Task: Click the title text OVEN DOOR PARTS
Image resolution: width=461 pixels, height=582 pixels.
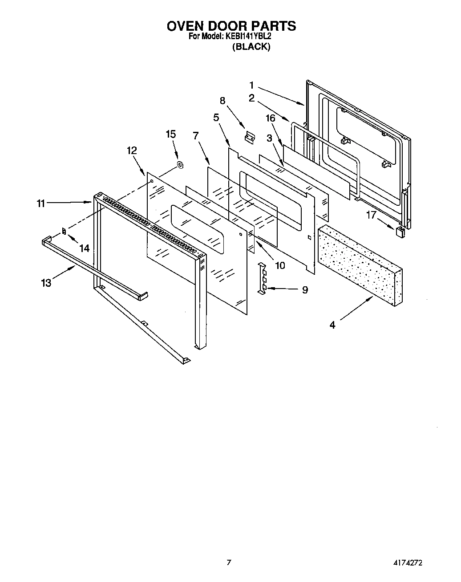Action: point(231,26)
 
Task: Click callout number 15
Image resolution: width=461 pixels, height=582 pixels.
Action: point(170,134)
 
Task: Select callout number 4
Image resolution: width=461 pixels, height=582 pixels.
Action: point(332,325)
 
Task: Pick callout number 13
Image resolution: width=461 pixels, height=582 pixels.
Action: point(46,282)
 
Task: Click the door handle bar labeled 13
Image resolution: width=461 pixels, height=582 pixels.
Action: point(93,268)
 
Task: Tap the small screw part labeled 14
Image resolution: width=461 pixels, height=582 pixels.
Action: point(64,231)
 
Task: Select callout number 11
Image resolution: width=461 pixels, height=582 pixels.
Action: point(40,203)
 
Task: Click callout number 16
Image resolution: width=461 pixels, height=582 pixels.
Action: point(271,118)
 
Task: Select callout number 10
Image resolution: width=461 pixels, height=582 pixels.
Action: point(279,265)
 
